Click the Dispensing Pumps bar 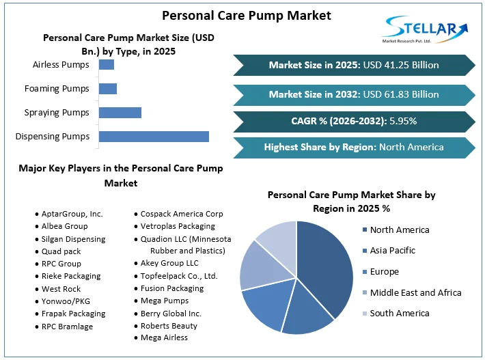(x=154, y=137)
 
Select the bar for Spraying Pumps (x=120, y=113)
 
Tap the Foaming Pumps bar (x=108, y=89)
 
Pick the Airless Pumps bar (x=107, y=65)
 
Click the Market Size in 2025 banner (x=354, y=66)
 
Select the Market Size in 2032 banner (x=354, y=94)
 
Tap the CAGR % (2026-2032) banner (x=354, y=121)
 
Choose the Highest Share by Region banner (x=354, y=147)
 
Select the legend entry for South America (x=399, y=314)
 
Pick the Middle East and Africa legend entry (x=415, y=292)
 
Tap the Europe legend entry (x=384, y=272)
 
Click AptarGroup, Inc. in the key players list (x=71, y=214)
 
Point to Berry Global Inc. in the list (x=171, y=314)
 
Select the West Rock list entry (x=61, y=288)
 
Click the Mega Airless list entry (x=164, y=337)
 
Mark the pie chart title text (x=351, y=202)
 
